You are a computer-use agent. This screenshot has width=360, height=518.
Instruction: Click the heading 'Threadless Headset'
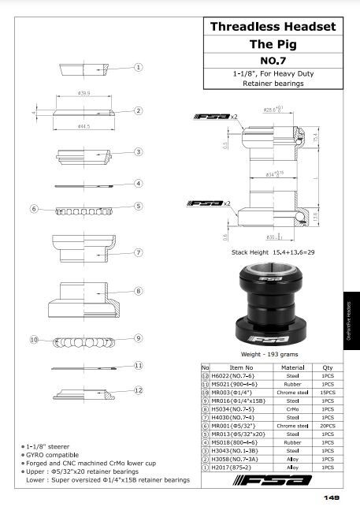click(x=273, y=27)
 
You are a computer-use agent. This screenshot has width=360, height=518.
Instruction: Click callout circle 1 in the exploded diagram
click(x=137, y=68)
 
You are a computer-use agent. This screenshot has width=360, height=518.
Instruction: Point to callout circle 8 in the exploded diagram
click(x=137, y=292)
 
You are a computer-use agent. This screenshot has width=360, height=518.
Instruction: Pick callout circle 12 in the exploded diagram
click(x=137, y=390)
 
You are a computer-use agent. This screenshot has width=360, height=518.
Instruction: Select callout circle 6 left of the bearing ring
click(x=35, y=209)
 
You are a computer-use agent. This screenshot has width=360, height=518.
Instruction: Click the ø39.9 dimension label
click(x=84, y=93)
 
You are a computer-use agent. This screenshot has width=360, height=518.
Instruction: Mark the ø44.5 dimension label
click(x=84, y=125)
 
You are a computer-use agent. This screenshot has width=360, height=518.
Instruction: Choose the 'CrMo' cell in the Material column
click(x=294, y=409)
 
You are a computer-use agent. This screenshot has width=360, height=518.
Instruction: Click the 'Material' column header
click(x=294, y=367)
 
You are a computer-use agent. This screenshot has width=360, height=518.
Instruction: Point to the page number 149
click(x=331, y=498)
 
